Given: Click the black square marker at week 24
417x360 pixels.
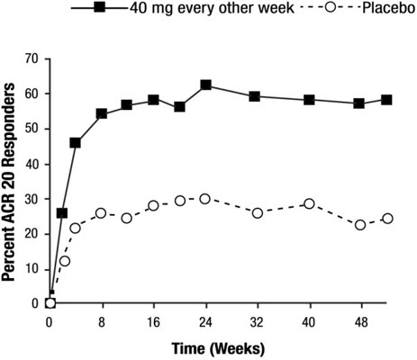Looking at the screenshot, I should point(206,85).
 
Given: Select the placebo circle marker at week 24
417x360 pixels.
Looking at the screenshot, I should point(206,198).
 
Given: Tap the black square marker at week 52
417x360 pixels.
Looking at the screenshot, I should point(386,100).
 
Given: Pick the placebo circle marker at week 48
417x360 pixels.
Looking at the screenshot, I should point(361,225).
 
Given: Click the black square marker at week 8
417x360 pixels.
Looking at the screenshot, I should point(102,114).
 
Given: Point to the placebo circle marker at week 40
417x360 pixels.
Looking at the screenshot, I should point(310,203).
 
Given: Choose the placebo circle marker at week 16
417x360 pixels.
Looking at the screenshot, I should point(154,205).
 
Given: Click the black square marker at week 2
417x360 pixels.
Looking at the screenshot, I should point(62,213).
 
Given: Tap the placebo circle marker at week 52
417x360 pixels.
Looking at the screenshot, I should point(387,219).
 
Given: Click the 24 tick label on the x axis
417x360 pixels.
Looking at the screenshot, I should point(206,319).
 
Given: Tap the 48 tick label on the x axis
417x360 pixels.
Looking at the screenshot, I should point(361,319).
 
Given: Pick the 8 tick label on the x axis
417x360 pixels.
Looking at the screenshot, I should point(102,319).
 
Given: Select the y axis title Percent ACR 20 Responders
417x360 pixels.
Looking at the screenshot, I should point(11,180).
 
